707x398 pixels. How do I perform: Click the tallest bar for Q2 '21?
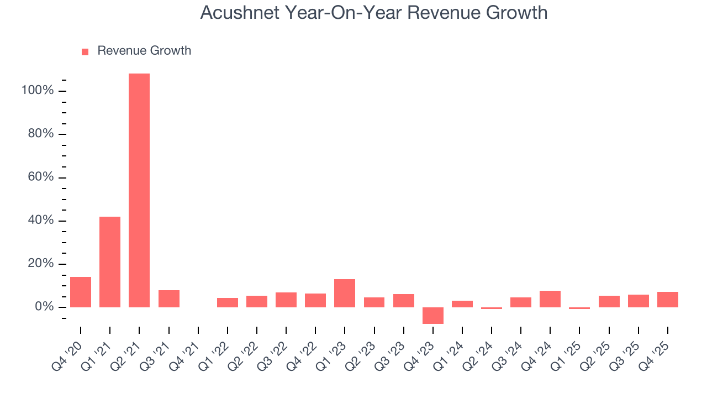click(x=139, y=190)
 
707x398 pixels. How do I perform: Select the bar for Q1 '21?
click(x=110, y=262)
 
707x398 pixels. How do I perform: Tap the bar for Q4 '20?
click(x=81, y=292)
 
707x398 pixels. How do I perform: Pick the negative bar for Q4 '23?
click(x=433, y=315)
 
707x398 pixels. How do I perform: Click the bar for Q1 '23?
click(x=345, y=293)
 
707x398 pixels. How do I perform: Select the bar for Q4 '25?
click(x=668, y=299)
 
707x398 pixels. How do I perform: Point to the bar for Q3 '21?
click(x=169, y=298)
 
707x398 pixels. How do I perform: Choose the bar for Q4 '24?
click(x=550, y=298)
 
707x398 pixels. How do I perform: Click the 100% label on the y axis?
click(x=38, y=91)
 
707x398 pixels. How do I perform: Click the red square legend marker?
click(x=85, y=52)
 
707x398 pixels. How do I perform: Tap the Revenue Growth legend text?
click(x=144, y=51)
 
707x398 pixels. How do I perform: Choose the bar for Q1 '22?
click(x=228, y=302)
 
